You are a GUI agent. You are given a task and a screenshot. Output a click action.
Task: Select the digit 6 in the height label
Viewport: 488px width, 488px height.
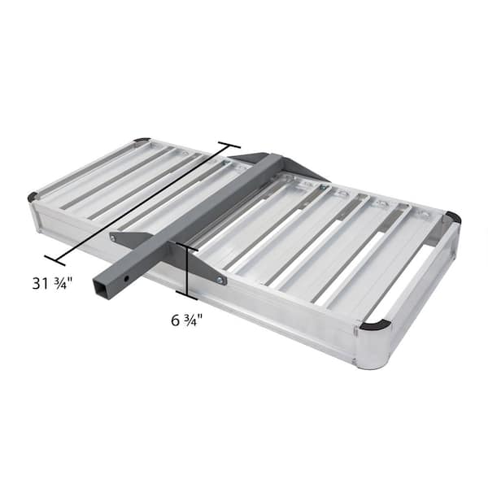(176, 320)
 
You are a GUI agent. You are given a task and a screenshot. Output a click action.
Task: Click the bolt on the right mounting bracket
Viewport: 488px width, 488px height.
(220, 280)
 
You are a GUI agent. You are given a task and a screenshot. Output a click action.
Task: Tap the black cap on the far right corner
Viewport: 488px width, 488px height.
(453, 217)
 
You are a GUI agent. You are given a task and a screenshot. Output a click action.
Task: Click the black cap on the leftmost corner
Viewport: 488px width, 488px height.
(33, 197)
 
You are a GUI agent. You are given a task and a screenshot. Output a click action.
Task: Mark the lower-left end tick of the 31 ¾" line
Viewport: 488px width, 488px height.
(54, 260)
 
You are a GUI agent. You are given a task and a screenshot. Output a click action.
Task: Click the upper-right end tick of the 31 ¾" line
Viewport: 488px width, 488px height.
(229, 146)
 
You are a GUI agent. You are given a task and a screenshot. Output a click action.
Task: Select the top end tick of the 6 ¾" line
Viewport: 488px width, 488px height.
(186, 245)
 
